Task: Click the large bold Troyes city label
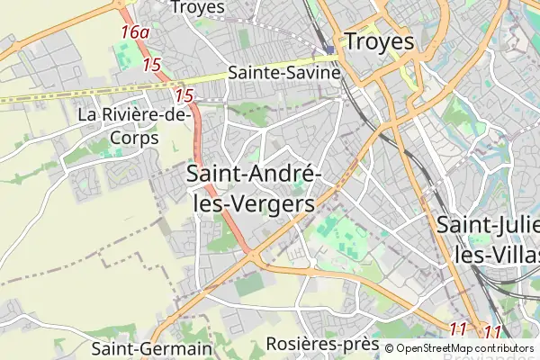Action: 379,41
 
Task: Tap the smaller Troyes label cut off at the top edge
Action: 197,7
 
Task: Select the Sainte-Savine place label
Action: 283,72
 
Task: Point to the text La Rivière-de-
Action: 134,115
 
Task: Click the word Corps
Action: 134,139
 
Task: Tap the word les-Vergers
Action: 256,203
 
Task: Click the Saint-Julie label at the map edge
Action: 488,225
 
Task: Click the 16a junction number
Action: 135,33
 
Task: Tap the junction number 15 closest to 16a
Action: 151,65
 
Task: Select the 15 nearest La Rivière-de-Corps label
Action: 184,95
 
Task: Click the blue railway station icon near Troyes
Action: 331,49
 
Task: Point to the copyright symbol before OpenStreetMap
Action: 389,348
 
